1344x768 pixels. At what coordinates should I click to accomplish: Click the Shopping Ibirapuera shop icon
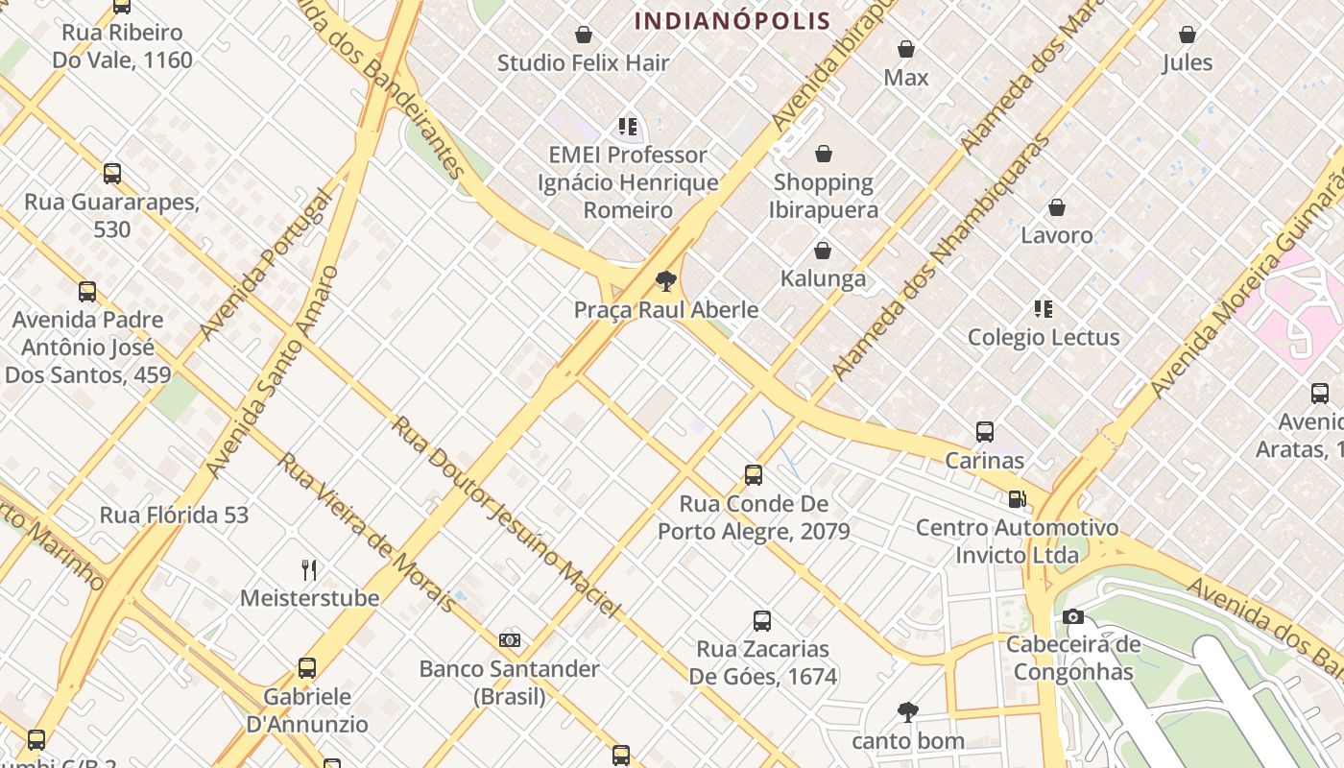[x=823, y=154]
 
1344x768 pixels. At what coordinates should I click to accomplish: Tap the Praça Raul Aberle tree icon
[x=665, y=281]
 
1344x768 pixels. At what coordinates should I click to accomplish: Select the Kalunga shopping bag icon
[x=823, y=251]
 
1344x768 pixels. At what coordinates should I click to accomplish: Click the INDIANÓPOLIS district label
[x=732, y=21]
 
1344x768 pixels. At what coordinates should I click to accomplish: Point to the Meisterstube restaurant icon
[x=309, y=570]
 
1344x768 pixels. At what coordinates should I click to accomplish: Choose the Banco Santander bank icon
[x=510, y=639]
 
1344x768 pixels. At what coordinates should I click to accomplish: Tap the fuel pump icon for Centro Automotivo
[x=1017, y=499]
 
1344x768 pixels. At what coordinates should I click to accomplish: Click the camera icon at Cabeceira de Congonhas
[x=1073, y=616]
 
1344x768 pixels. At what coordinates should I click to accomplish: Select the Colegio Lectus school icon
[x=1044, y=309]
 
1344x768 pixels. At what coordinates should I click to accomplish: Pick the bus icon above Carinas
[x=984, y=432]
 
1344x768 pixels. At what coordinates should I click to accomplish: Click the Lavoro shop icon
[x=1057, y=207]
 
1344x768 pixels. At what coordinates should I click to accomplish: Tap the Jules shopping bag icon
[x=1188, y=35]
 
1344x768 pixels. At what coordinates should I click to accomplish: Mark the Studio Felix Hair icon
[x=583, y=36]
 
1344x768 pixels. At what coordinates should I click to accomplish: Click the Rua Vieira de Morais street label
[x=368, y=533]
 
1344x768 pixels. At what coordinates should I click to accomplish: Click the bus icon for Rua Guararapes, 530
[x=112, y=174]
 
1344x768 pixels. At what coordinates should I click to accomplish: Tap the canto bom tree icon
[x=907, y=712]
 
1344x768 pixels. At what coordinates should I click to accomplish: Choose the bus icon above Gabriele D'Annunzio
[x=307, y=668]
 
